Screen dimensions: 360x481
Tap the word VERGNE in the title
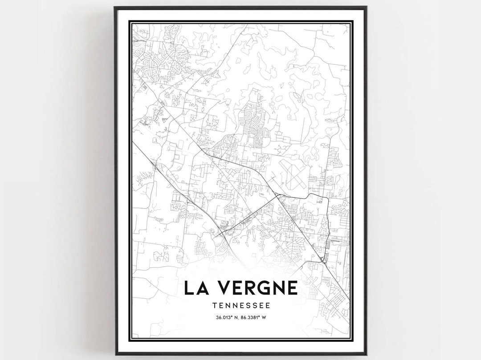(x=255, y=288)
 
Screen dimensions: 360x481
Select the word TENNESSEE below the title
(x=241, y=306)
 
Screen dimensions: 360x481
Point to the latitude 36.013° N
(x=227, y=317)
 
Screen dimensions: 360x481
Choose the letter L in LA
(x=189, y=288)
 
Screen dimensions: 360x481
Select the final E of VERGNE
(x=292, y=288)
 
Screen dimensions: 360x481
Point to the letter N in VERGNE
(x=277, y=288)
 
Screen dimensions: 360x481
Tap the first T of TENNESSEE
(x=215, y=306)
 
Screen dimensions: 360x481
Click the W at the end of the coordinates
(x=265, y=317)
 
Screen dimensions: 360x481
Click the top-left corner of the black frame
(x=115, y=7)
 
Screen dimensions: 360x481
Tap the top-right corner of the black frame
(x=366, y=7)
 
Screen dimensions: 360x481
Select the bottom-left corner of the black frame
(x=115, y=354)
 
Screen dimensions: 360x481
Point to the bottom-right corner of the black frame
(x=366, y=354)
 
